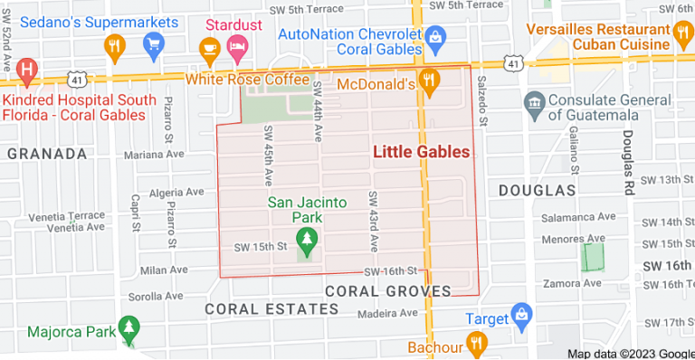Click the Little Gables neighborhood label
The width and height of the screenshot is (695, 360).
pyautogui.click(x=422, y=152)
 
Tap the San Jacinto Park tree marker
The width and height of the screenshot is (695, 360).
pyautogui.click(x=308, y=241)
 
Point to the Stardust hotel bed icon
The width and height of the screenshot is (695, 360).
pyautogui.click(x=238, y=43)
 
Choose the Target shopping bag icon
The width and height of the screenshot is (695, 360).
pyautogui.click(x=520, y=316)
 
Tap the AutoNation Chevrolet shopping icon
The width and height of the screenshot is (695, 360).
pyautogui.click(x=435, y=36)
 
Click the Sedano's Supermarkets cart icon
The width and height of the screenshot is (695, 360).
pyautogui.click(x=153, y=43)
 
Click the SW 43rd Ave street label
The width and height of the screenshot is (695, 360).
pyautogui.click(x=372, y=221)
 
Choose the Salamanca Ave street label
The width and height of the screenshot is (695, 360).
pyautogui.click(x=577, y=217)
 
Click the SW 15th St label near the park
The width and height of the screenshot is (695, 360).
pyautogui.click(x=261, y=247)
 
